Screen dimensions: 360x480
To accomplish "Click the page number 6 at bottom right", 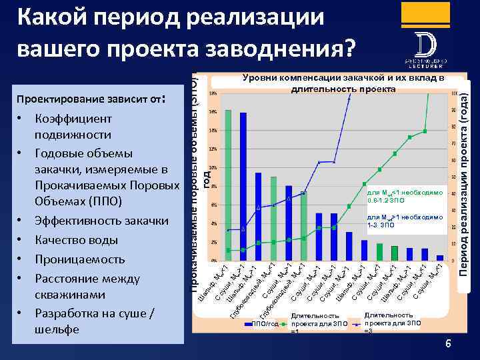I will [x=448, y=344].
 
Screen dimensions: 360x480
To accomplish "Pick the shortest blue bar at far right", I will [x=440, y=257].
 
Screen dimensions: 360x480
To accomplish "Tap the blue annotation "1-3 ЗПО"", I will [x=381, y=225].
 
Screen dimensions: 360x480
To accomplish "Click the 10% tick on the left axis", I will [x=213, y=167].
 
